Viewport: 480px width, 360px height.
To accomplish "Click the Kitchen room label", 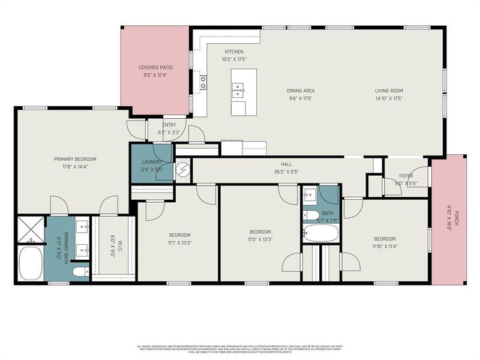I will click(234, 52).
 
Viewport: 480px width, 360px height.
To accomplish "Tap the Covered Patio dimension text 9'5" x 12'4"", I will click(156, 76).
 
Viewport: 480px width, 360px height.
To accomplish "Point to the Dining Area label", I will click(301, 91).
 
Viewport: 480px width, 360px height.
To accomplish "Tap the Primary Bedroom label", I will click(75, 159).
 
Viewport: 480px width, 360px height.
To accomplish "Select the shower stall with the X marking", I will click(31, 229).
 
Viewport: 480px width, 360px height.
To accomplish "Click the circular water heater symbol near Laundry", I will click(182, 170).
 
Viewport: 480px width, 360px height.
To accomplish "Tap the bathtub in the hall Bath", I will click(320, 233).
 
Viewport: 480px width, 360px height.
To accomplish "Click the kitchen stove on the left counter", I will click(204, 82).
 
